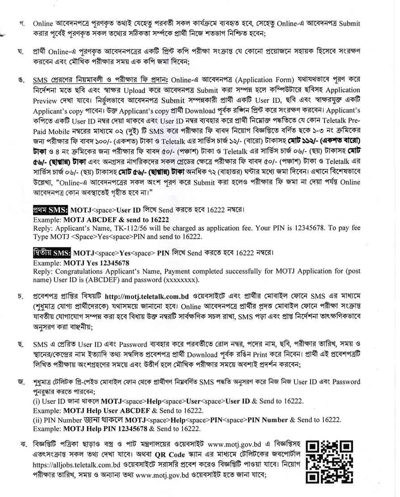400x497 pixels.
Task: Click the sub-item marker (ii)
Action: [x=38, y=420]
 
